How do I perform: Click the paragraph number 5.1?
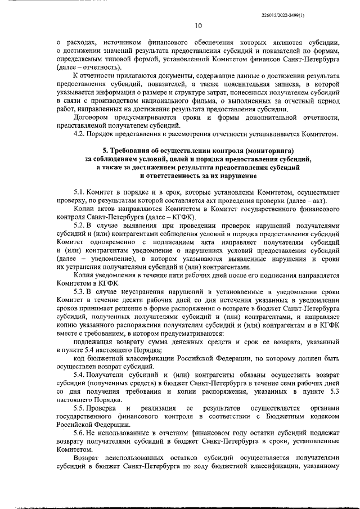coord(80,193)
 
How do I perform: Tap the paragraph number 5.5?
coord(80,407)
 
